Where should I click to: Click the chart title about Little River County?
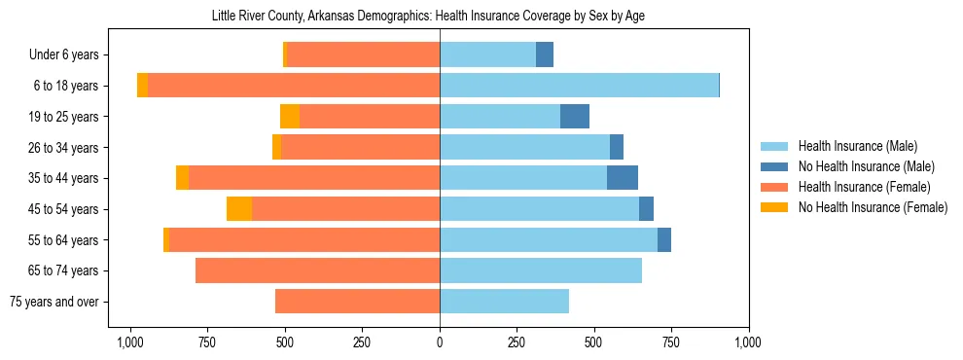pyautogui.click(x=428, y=16)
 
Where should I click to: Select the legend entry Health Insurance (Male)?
pyautogui.click(x=857, y=146)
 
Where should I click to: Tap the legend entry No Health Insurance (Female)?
pyautogui.click(x=873, y=207)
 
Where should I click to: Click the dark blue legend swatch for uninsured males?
pyautogui.click(x=775, y=166)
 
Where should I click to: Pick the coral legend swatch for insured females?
pyautogui.click(x=775, y=187)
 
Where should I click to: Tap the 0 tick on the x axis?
pyautogui.click(x=440, y=342)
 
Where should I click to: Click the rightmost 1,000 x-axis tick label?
pyautogui.click(x=748, y=342)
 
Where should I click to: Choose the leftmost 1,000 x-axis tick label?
pyautogui.click(x=130, y=342)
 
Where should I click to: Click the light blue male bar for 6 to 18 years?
pyautogui.click(x=579, y=86)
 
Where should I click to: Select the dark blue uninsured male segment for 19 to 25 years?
pyautogui.click(x=575, y=117)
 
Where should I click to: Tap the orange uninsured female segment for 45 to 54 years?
pyautogui.click(x=239, y=209)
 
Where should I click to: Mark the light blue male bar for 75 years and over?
pyautogui.click(x=504, y=302)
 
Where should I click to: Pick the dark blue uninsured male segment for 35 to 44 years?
pyautogui.click(x=623, y=178)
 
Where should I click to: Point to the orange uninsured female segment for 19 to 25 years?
pyautogui.click(x=290, y=117)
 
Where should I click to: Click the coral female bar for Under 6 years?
pyautogui.click(x=363, y=55)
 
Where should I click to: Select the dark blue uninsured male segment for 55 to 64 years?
pyautogui.click(x=664, y=240)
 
